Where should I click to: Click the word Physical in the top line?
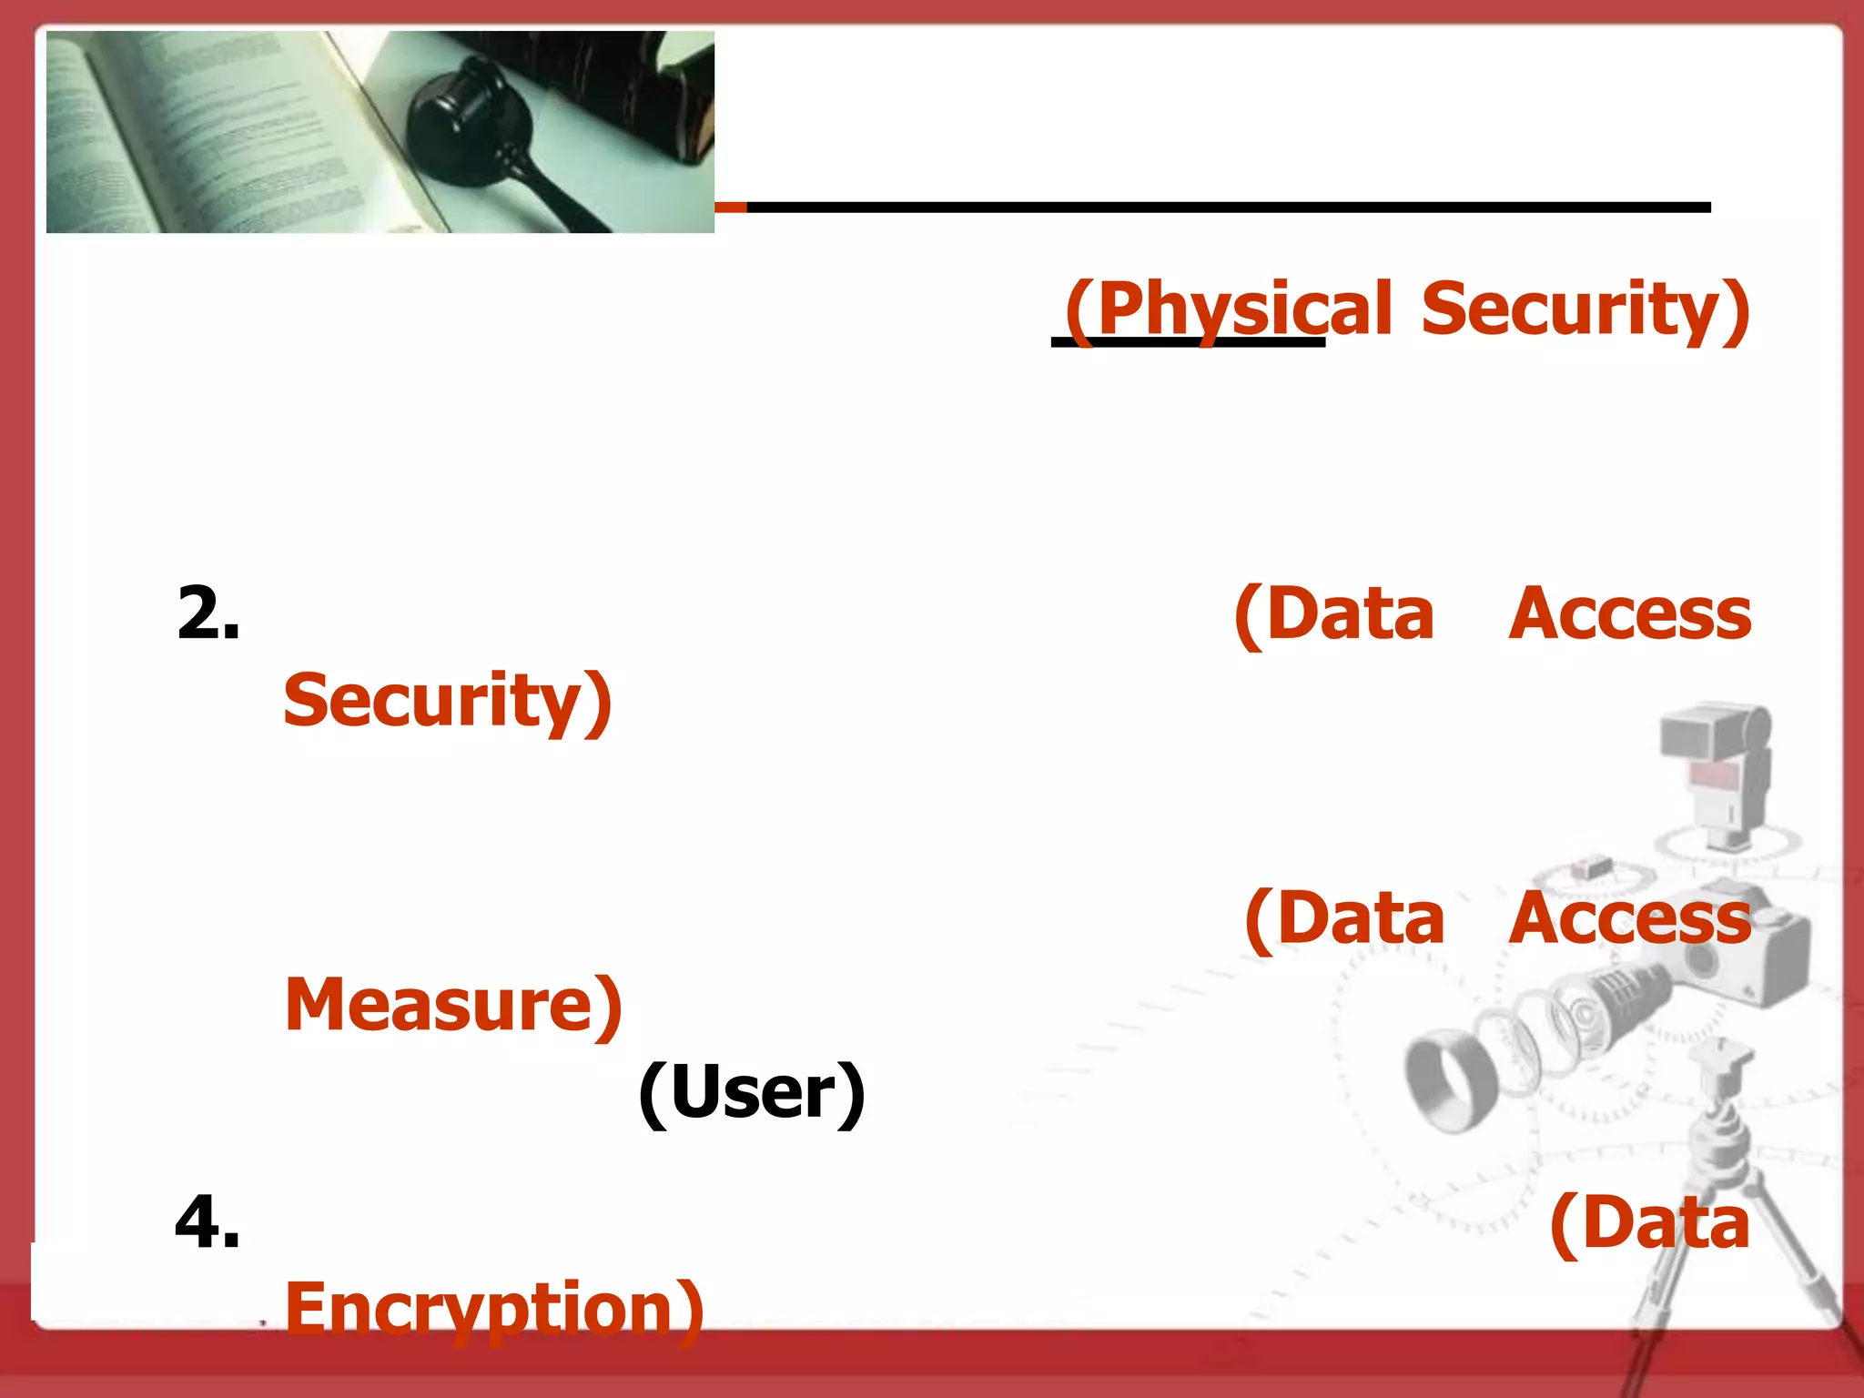(1229, 309)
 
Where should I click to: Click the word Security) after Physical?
(1585, 309)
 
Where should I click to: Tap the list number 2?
(208, 613)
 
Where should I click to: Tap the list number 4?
(208, 1221)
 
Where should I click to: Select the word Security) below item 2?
(447, 701)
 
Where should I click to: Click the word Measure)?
(453, 1005)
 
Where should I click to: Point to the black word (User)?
(752, 1092)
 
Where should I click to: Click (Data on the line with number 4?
(1649, 1223)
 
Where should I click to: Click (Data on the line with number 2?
(1334, 614)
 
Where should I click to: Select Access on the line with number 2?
(1629, 614)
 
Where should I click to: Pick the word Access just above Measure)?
(1629, 918)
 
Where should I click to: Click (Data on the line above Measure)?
(1344, 918)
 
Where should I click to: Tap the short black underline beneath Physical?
(1188, 342)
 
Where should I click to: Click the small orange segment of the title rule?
(730, 208)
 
